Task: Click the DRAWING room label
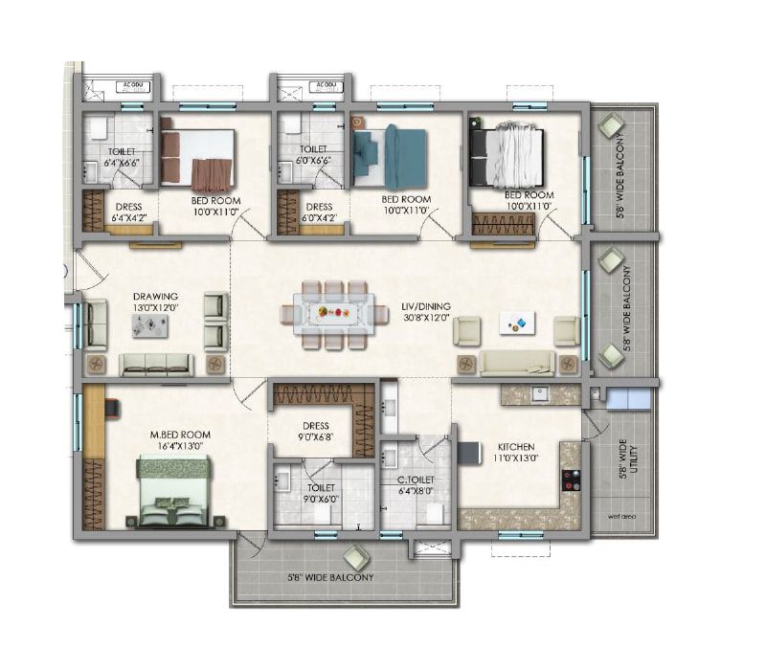155,297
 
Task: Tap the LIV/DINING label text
426,306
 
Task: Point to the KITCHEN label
515,447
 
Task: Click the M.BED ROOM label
179,435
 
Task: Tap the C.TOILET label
415,479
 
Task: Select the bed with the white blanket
507,157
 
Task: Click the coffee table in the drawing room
149,325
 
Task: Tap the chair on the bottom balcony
355,557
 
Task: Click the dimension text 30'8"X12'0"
426,319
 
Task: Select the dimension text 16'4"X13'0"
179,447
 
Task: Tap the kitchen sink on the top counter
540,392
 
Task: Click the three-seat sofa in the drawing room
155,364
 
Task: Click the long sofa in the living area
517,362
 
